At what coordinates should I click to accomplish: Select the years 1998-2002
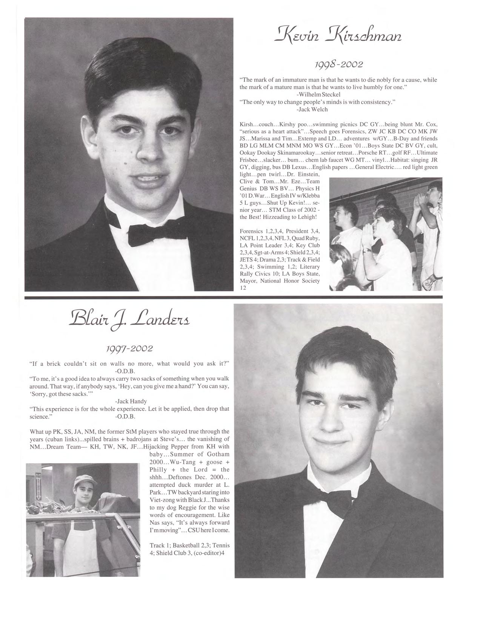(x=338, y=64)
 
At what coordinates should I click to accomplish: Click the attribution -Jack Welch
(x=312, y=109)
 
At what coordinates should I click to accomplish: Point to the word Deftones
(x=178, y=477)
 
